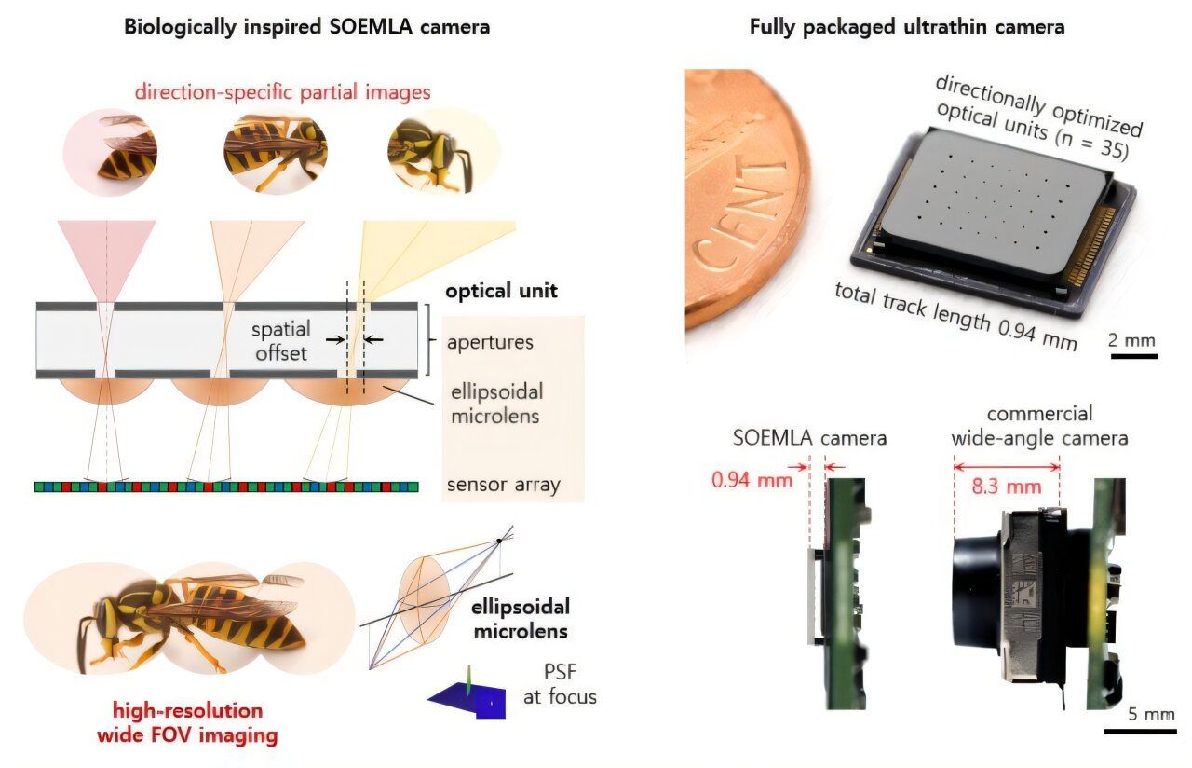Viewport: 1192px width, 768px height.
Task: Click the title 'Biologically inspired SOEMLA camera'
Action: click(307, 27)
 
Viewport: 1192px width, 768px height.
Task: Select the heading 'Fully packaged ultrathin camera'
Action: click(906, 27)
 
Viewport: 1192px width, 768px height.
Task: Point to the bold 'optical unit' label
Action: click(501, 291)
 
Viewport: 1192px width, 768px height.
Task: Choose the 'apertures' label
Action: click(490, 341)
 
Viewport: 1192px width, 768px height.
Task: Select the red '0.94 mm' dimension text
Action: click(752, 481)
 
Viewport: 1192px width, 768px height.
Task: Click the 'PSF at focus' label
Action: click(558, 684)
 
